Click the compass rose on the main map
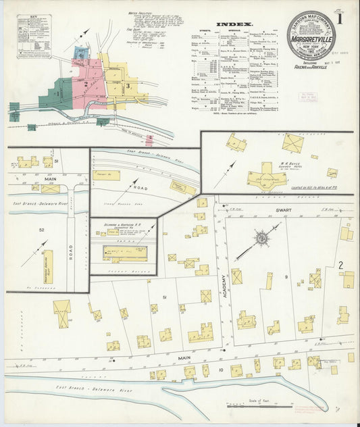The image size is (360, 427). click(x=260, y=238)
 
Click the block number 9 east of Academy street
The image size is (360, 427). click(x=286, y=278)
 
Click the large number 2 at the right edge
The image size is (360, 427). click(x=341, y=264)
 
